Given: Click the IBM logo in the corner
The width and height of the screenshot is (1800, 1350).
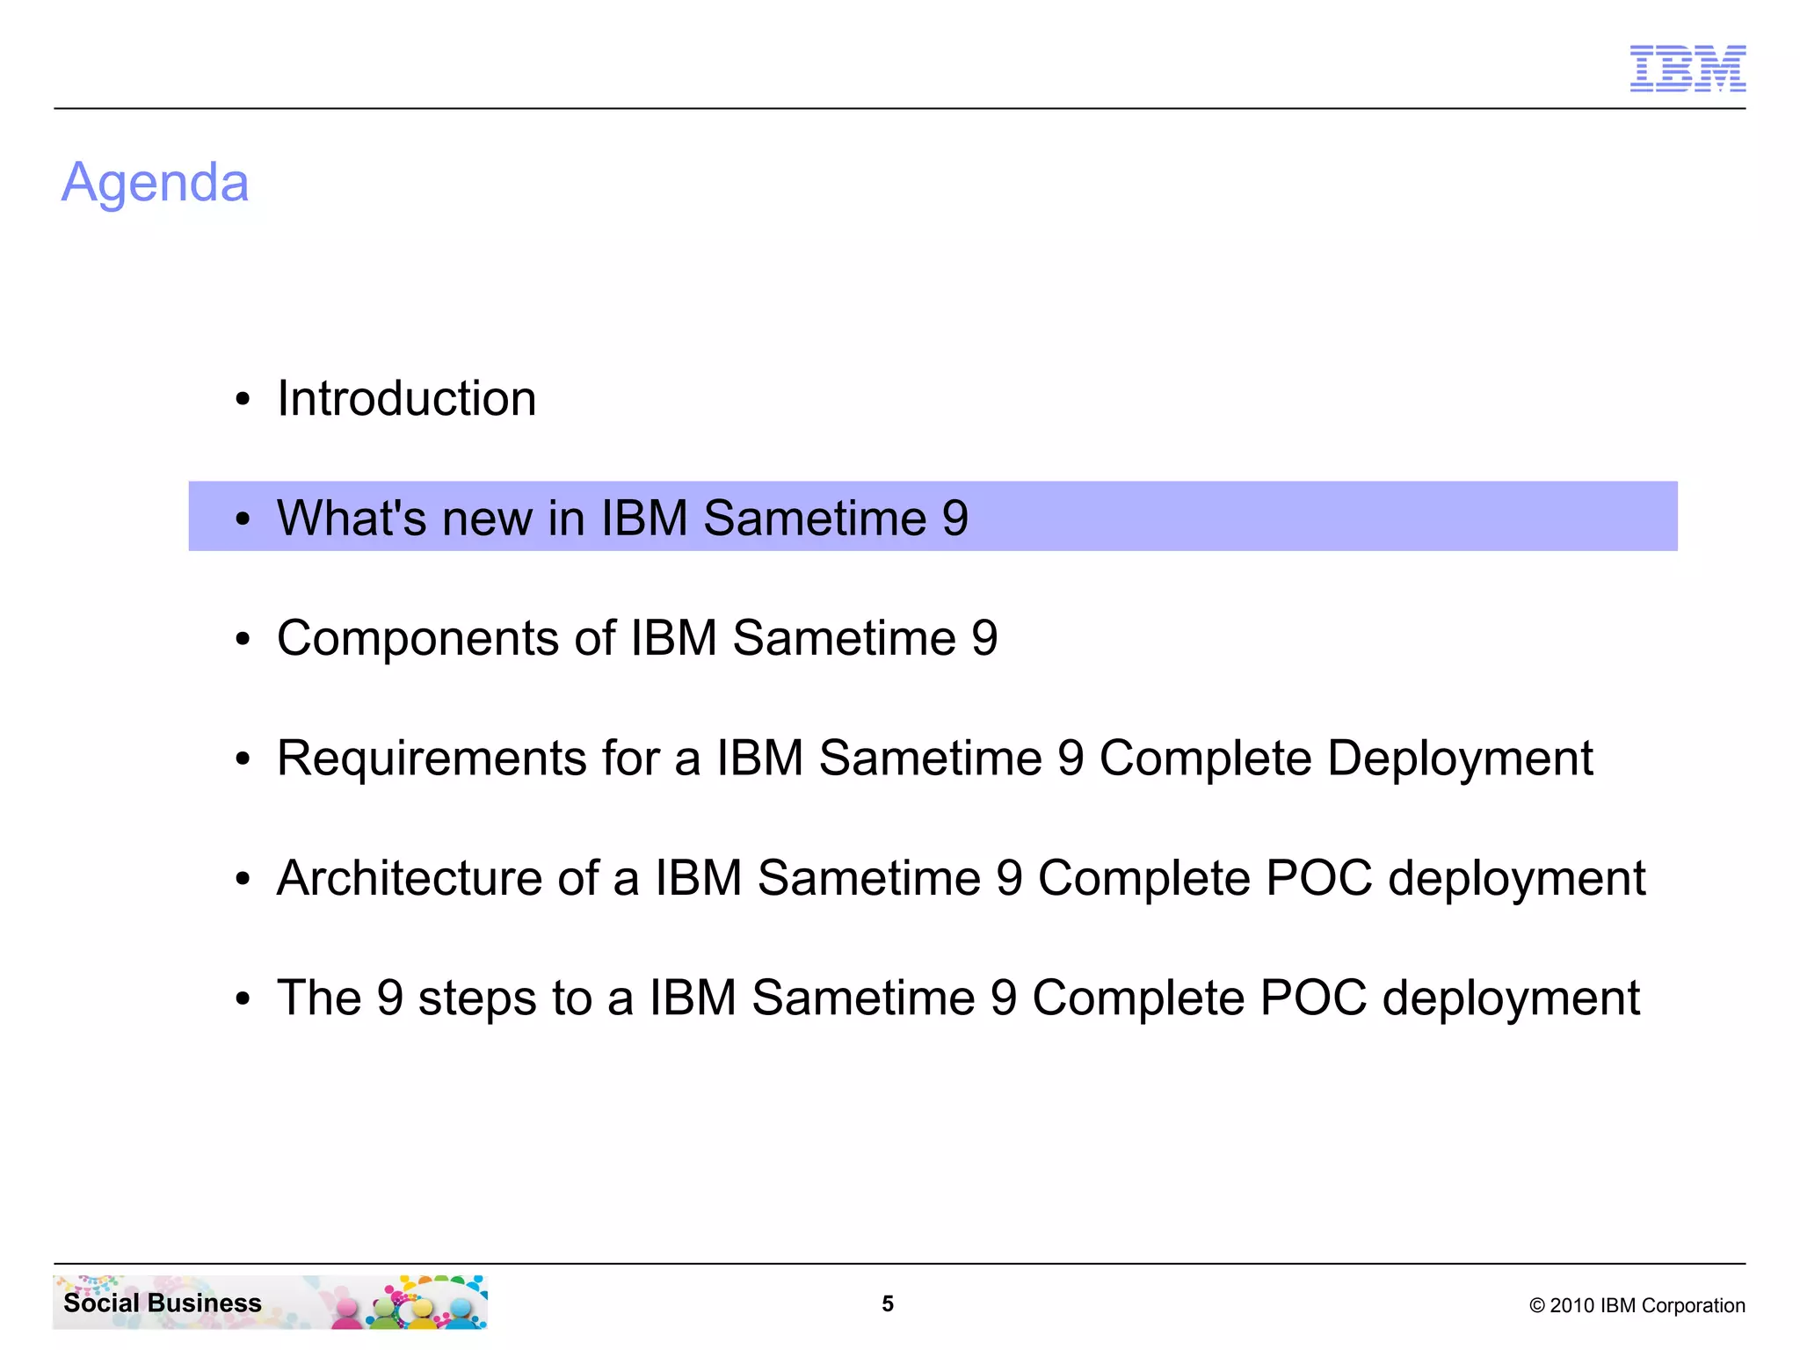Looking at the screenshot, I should pyautogui.click(x=1687, y=69).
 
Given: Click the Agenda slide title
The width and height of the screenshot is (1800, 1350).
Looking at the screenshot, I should pyautogui.click(x=156, y=183).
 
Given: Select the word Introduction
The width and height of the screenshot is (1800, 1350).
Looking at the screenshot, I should pyautogui.click(x=406, y=399).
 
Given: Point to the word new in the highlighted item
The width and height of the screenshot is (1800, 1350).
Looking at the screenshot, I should pyautogui.click(x=487, y=519).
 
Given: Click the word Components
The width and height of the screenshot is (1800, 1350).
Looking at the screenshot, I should pyautogui.click(x=417, y=638).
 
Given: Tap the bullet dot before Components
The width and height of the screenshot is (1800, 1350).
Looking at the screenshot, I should pyautogui.click(x=243, y=640).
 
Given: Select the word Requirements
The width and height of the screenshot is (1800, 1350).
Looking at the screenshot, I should pyautogui.click(x=432, y=758).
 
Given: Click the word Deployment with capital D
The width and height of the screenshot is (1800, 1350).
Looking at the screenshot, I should pyautogui.click(x=1459, y=758).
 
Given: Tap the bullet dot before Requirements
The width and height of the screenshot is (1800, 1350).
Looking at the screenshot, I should pyautogui.click(x=243, y=759).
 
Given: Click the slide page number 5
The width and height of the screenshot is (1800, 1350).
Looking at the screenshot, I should pyautogui.click(x=888, y=1304).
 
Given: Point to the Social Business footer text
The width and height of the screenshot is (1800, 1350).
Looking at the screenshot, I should pyautogui.click(x=163, y=1303).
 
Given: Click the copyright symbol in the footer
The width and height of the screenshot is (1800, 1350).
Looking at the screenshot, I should pyautogui.click(x=1536, y=1306).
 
